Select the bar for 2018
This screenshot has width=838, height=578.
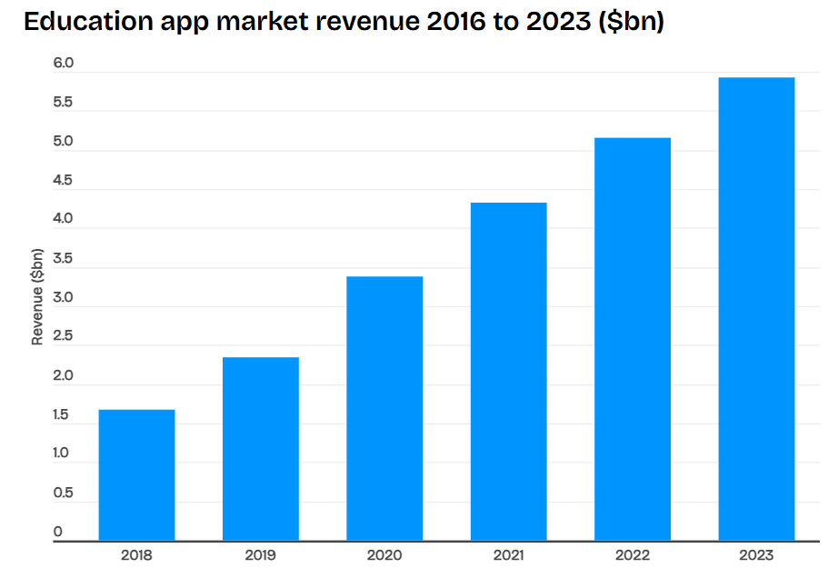[136, 475]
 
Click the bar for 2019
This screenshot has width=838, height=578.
[261, 449]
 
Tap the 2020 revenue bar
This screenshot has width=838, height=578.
[384, 408]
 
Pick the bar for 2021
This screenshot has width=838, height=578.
[508, 372]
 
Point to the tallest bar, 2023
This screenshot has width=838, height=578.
[756, 309]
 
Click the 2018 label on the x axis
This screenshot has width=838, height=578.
[136, 555]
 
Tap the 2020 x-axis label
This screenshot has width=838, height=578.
[384, 555]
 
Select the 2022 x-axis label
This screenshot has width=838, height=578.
[633, 555]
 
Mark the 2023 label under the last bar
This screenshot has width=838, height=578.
[756, 555]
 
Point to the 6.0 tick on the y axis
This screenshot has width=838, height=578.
[63, 64]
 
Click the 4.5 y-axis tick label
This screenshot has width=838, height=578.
[63, 181]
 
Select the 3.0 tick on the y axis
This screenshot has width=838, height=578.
[63, 298]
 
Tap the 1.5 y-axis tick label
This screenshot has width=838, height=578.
[63, 415]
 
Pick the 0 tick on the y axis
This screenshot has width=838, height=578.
[58, 532]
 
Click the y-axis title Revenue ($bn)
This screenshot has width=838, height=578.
[37, 296]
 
